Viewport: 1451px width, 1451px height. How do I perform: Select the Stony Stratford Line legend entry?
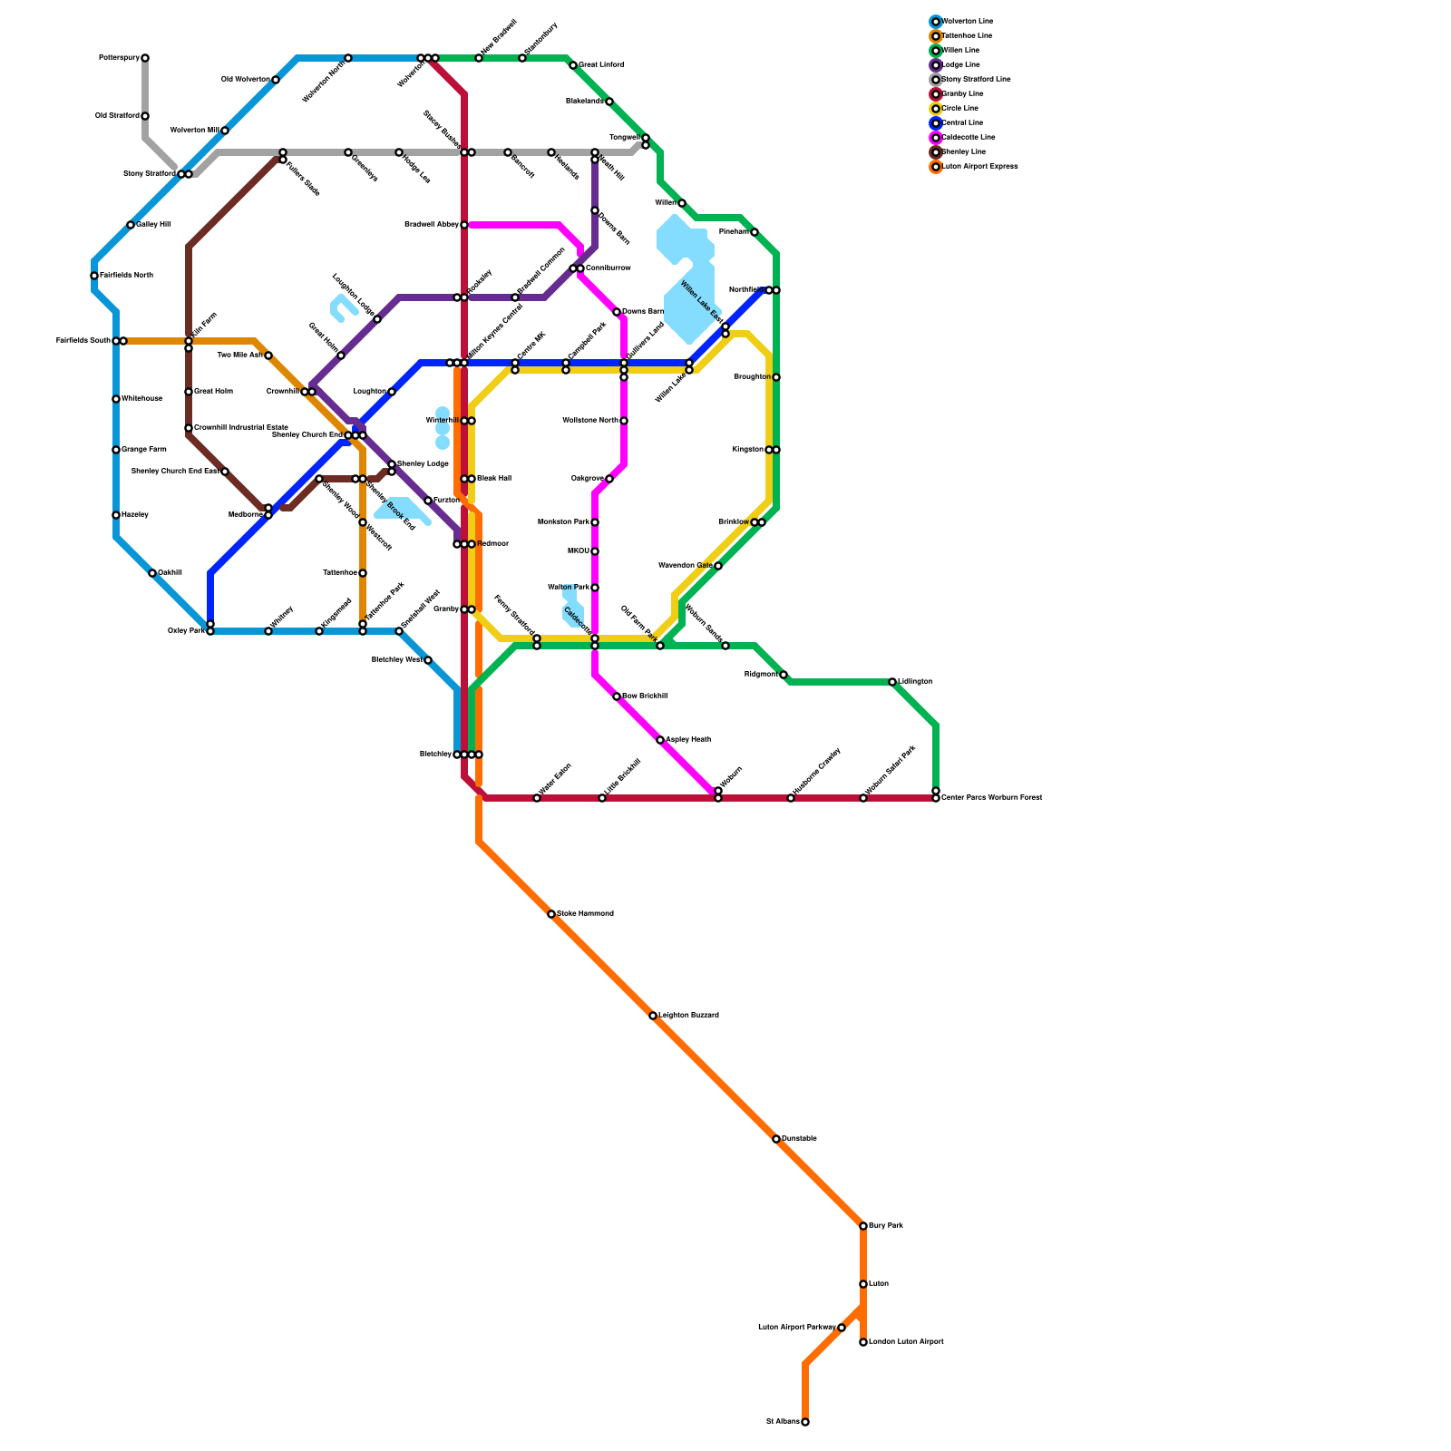click(x=976, y=80)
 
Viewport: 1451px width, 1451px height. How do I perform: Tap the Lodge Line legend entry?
click(x=961, y=65)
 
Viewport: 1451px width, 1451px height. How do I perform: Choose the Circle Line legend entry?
click(x=960, y=109)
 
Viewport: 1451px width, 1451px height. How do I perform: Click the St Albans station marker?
click(x=805, y=1422)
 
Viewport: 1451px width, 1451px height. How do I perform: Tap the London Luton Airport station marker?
click(x=863, y=1342)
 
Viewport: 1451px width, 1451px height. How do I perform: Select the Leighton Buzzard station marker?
click(x=653, y=1016)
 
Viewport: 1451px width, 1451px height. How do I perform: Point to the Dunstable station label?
click(x=799, y=1139)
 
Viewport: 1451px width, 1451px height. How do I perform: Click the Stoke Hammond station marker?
click(x=551, y=914)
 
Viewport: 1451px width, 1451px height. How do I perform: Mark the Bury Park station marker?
click(x=863, y=1226)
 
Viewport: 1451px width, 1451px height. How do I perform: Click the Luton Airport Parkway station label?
click(x=796, y=1328)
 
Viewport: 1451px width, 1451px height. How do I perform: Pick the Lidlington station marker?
click(x=892, y=682)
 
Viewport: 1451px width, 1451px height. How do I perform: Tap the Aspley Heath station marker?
click(x=660, y=740)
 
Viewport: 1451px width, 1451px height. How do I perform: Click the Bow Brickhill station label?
click(x=645, y=696)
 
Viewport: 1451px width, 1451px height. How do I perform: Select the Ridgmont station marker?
click(x=784, y=675)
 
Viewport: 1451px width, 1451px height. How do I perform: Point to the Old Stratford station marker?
click(x=145, y=116)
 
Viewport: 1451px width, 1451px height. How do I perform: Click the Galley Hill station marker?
click(x=131, y=225)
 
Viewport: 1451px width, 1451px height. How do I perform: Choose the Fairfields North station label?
click(x=126, y=276)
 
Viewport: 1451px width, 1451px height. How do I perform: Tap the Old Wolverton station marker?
click(x=276, y=80)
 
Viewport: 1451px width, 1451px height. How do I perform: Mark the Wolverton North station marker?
click(x=348, y=58)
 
